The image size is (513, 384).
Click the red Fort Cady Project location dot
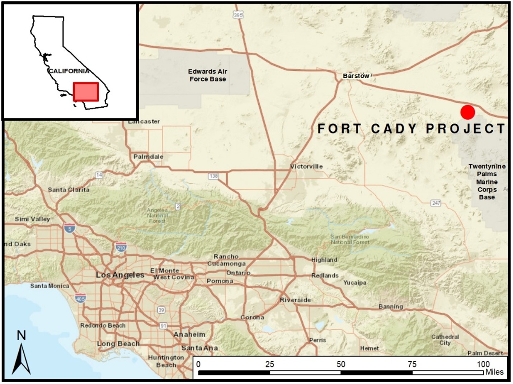click(467, 112)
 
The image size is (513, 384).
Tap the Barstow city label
click(356, 76)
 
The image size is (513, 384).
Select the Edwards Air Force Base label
click(208, 75)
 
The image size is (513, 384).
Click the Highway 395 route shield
click(238, 15)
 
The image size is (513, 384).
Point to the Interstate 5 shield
click(69, 228)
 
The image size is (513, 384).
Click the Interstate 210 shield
click(121, 247)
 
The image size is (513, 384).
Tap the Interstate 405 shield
click(80, 298)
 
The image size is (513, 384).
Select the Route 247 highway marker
click(436, 203)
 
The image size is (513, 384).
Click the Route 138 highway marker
click(213, 176)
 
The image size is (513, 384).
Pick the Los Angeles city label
click(120, 275)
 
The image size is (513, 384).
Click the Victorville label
click(306, 167)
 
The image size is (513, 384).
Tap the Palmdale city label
click(148, 156)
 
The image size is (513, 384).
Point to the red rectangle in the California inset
click(86, 92)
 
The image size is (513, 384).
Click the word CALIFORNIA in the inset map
click(69, 71)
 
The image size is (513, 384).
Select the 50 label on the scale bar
click(341, 364)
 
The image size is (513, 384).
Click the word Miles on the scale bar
click(494, 372)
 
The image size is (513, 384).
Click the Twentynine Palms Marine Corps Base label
click(487, 182)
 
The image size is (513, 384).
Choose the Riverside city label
click(295, 300)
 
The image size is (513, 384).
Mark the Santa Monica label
click(50, 286)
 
